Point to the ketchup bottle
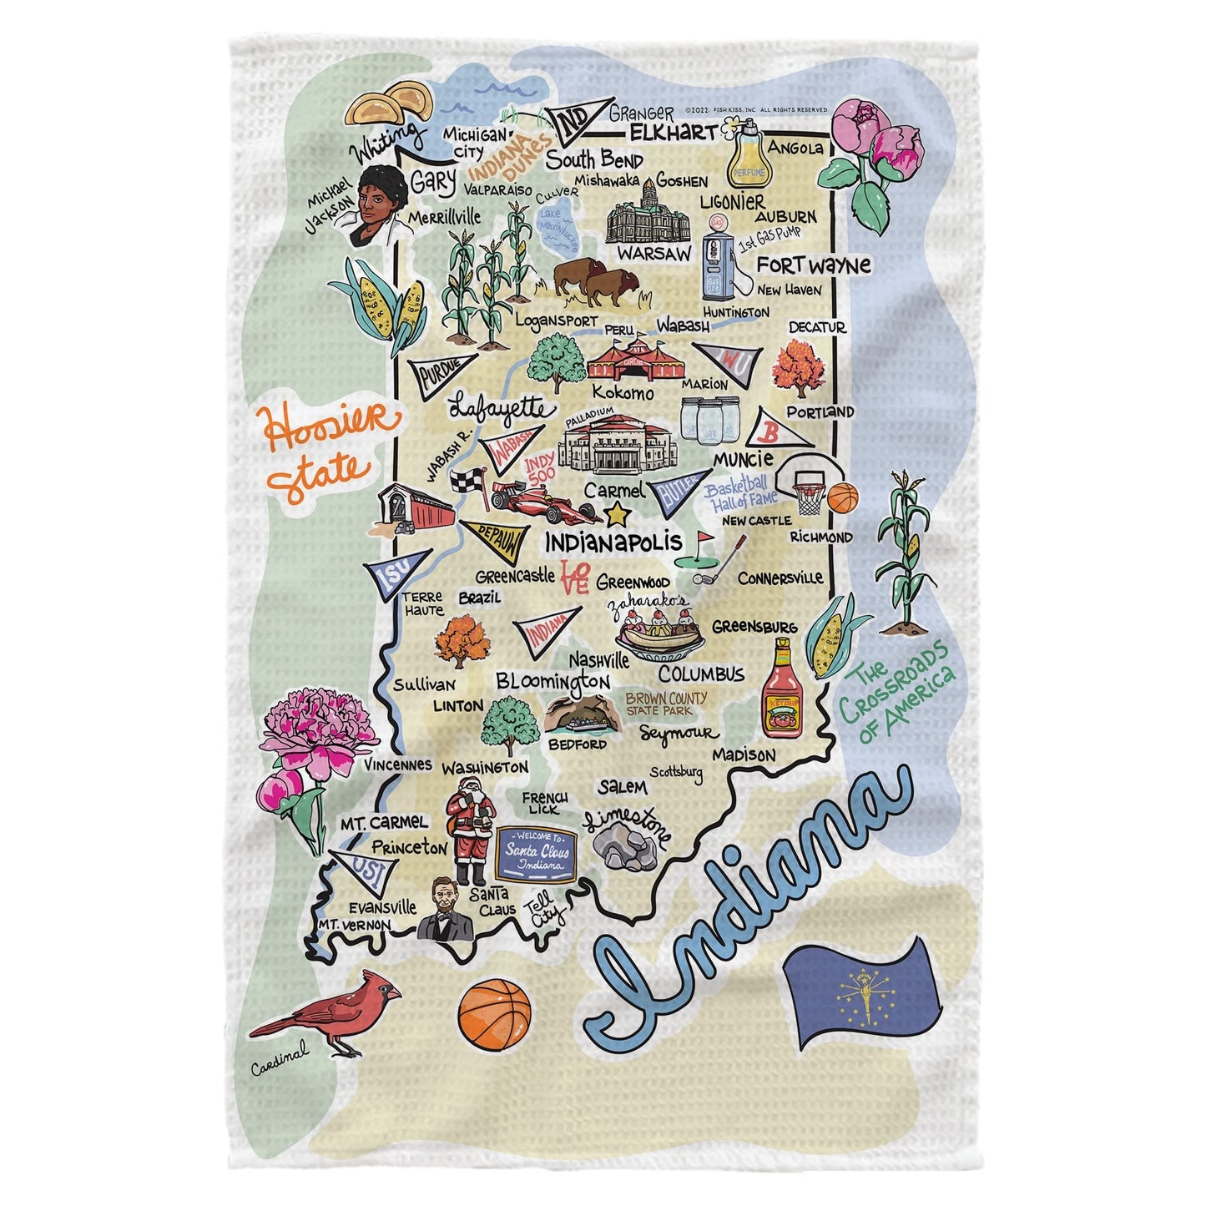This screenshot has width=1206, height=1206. pyautogui.click(x=782, y=689)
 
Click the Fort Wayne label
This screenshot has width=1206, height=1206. pyautogui.click(x=813, y=265)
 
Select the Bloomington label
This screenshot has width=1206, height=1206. pyautogui.click(x=553, y=682)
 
